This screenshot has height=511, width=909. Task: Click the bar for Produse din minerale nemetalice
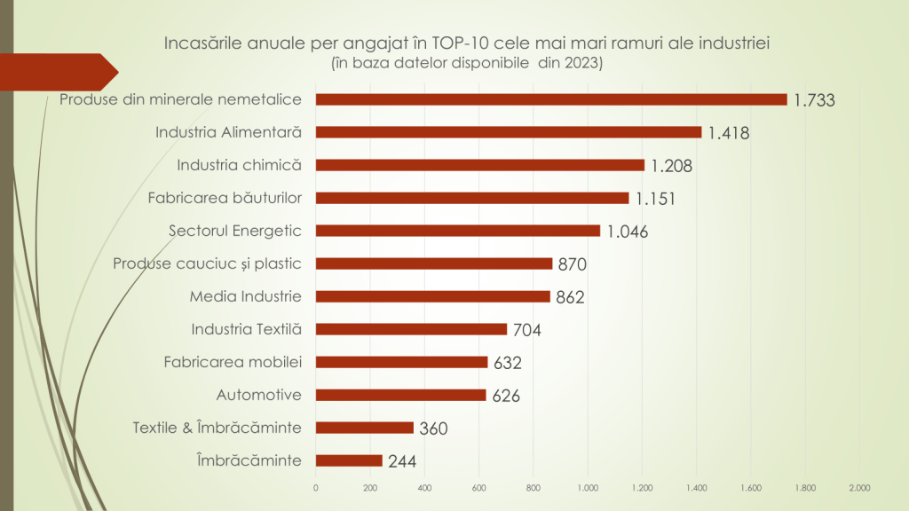(x=550, y=99)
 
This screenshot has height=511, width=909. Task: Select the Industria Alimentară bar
(x=508, y=132)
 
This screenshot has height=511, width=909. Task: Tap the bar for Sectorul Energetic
(x=457, y=231)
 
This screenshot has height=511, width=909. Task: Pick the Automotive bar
(x=400, y=395)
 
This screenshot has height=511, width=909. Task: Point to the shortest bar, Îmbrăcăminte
(x=349, y=460)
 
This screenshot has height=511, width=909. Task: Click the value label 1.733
(x=815, y=100)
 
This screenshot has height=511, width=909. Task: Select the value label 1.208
(x=671, y=166)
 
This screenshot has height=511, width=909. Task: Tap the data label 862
(x=570, y=297)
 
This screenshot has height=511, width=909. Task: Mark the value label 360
(x=433, y=428)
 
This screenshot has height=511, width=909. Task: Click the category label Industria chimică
(x=240, y=165)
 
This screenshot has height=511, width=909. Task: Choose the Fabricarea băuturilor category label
(x=225, y=198)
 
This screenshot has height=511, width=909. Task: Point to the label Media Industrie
(x=246, y=296)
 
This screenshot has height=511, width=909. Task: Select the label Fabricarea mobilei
(x=233, y=362)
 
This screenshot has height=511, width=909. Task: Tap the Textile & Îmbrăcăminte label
(x=217, y=428)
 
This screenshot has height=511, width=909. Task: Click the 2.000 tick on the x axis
(x=859, y=487)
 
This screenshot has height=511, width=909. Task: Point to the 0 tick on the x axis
(x=316, y=487)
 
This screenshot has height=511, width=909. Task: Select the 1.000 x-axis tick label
(x=588, y=487)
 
